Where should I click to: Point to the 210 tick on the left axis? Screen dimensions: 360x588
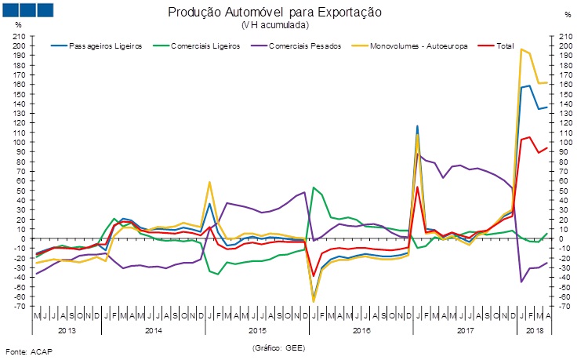[19, 36]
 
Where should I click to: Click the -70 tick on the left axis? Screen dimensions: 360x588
[19, 306]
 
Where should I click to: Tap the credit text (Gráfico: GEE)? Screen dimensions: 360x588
[278, 347]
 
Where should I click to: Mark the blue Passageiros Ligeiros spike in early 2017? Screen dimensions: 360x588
[417, 125]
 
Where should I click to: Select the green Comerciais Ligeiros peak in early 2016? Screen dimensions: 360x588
[314, 187]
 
